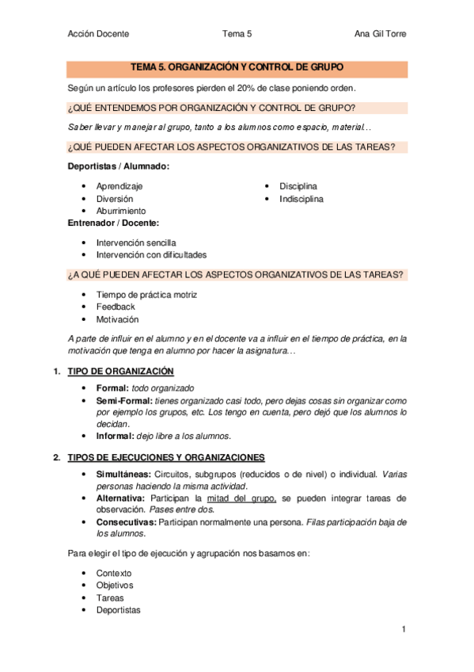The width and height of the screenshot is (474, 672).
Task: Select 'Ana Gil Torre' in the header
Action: tap(381, 33)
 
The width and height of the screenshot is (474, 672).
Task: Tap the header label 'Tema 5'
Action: tap(237, 33)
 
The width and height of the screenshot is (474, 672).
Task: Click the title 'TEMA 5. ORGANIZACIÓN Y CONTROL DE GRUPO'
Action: tap(237, 68)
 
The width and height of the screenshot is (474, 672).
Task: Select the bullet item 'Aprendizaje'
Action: tap(119, 186)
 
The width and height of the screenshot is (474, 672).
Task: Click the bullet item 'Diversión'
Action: tap(115, 199)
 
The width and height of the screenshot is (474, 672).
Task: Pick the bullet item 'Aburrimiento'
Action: tap(121, 212)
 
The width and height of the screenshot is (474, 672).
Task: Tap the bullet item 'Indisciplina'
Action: tap(301, 199)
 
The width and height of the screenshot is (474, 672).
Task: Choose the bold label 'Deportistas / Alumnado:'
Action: tap(119, 166)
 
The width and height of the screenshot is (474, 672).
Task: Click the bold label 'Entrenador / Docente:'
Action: tap(114, 223)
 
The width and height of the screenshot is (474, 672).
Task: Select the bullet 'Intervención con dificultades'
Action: tap(151, 255)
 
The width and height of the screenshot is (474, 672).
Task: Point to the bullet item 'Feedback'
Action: tap(116, 307)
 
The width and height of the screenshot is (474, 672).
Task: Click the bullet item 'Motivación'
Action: tap(117, 319)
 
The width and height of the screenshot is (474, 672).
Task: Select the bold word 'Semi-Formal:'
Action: tap(123, 402)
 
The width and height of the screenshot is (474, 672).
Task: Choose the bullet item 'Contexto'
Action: tap(114, 573)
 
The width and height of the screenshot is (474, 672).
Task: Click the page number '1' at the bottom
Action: tap(403, 629)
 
